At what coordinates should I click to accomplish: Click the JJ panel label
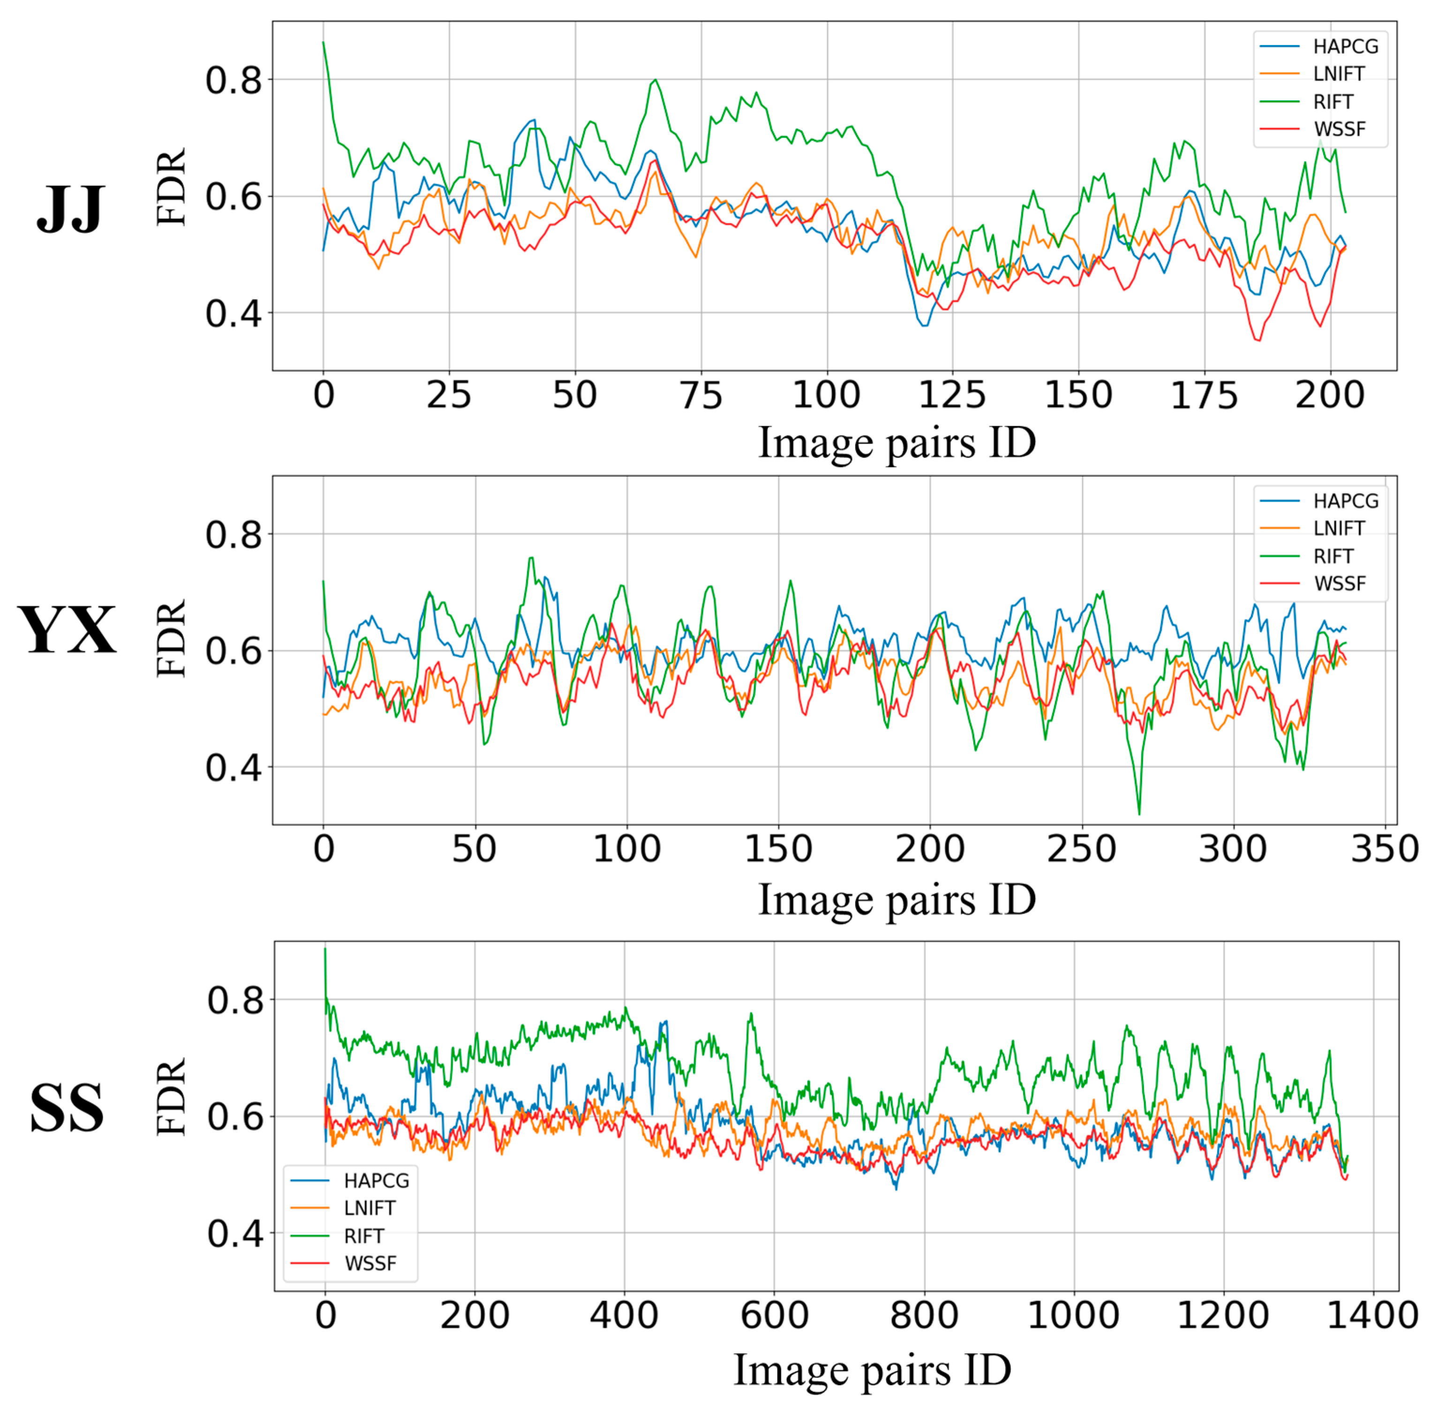coord(70,209)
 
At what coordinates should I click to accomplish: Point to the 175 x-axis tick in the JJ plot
coord(1204,395)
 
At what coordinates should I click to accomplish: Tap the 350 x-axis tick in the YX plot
coord(1384,849)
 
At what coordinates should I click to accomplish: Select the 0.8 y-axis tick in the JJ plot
coord(233,80)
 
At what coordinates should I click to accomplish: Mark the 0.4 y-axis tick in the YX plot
coord(233,768)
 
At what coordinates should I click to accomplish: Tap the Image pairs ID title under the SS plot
coord(872,1370)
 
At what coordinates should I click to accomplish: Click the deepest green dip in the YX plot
coord(1139,814)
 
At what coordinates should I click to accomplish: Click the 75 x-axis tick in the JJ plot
coord(701,395)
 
